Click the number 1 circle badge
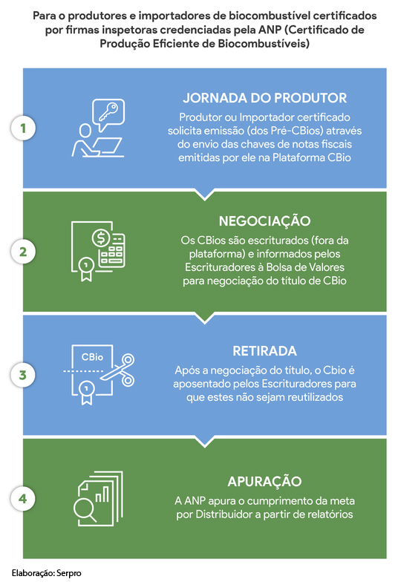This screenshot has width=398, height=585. pos(23,128)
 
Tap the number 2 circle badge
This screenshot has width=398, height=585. pos(23,252)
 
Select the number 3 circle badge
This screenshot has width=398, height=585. pos(23,375)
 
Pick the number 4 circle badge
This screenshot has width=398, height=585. pos(23,499)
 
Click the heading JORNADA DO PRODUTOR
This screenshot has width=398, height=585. pos(264,98)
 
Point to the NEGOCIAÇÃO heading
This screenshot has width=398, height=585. pos(264,221)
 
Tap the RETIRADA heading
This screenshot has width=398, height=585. pos(264,351)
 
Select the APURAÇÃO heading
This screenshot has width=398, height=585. pos(264,481)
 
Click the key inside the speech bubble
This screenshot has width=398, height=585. pos(108,111)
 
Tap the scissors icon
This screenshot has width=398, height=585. pos(120,370)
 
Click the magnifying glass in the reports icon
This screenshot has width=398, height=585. pos(84,509)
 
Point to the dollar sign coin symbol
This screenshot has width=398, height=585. pos(101,238)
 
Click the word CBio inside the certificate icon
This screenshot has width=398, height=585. pos(92,357)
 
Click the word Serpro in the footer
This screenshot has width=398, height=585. pos(69,573)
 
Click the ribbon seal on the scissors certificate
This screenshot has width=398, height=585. pos(87,393)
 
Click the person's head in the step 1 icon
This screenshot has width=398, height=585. pos(85,131)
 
